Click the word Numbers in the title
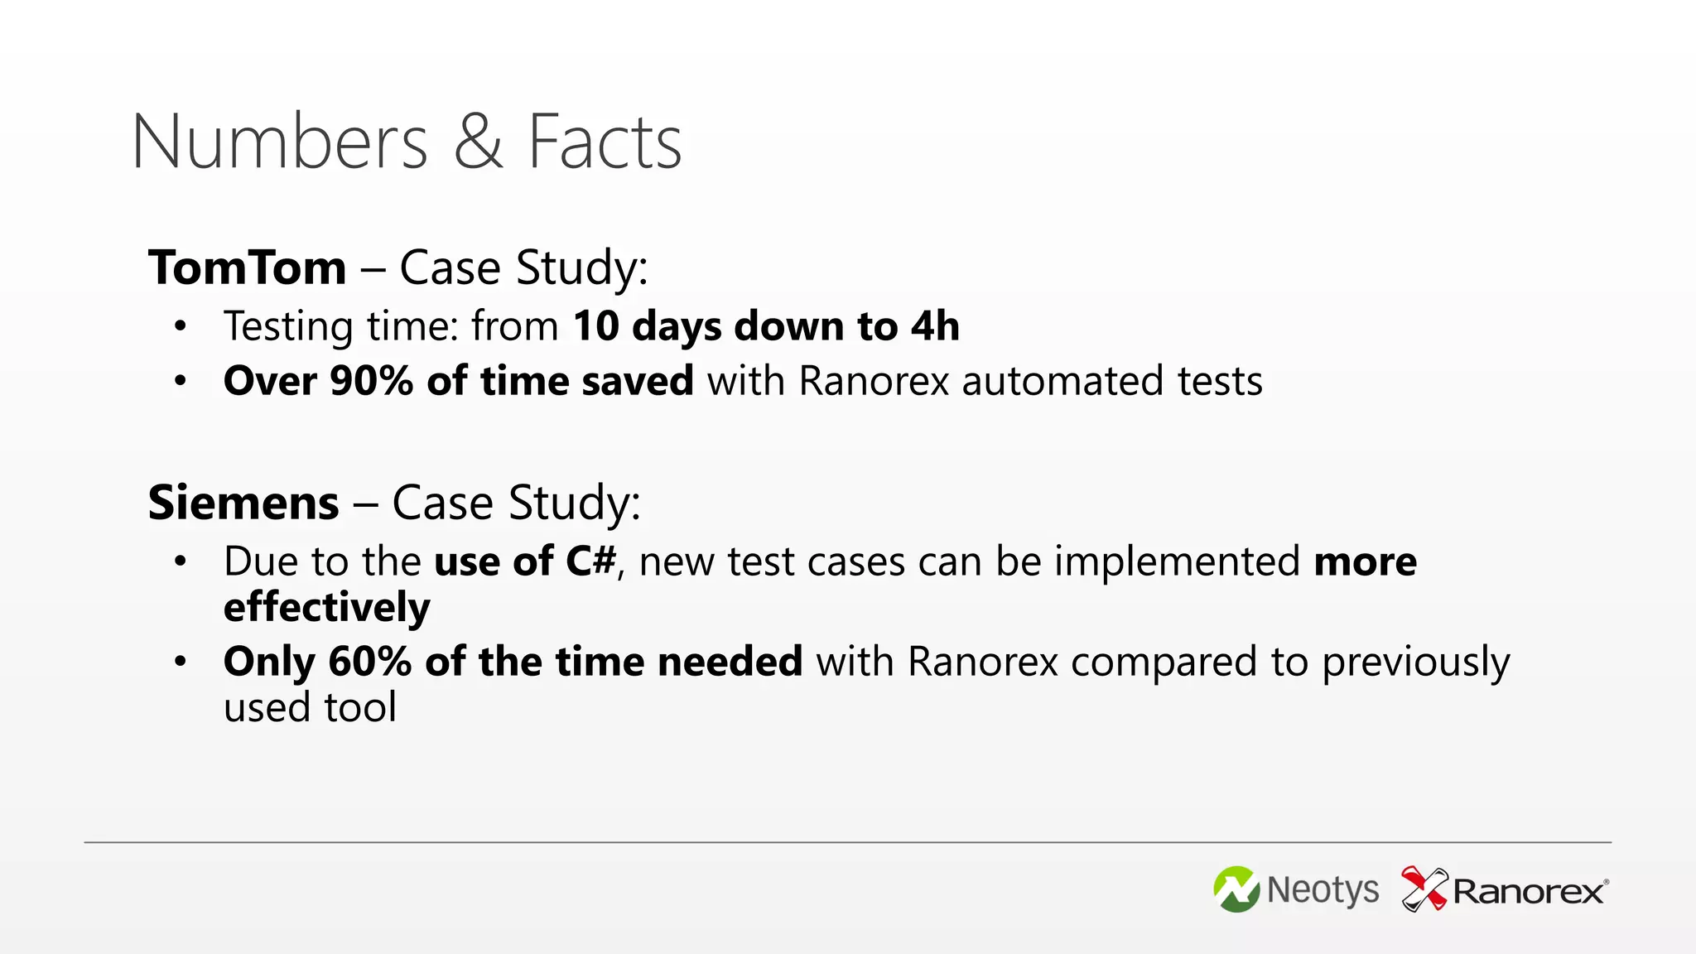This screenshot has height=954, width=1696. [x=280, y=142]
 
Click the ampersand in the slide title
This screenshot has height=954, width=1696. [x=478, y=142]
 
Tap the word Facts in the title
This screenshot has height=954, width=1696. [x=605, y=142]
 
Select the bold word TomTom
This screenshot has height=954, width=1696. [x=247, y=267]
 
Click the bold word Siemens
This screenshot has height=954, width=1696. [x=243, y=503]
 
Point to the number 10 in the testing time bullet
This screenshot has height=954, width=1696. [x=595, y=325]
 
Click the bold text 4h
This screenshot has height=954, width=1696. [x=935, y=325]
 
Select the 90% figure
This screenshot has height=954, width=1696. [x=371, y=381]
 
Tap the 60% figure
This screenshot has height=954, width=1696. [x=369, y=662]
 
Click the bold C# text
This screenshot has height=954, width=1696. [x=590, y=561]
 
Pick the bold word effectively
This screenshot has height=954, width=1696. [x=326, y=607]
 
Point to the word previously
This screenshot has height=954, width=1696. [x=1415, y=662]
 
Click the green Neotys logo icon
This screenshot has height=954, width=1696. [x=1236, y=889]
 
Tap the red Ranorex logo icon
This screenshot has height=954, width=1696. [x=1424, y=889]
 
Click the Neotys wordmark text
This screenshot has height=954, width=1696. [x=1323, y=890]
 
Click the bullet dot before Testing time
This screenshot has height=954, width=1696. [x=181, y=326]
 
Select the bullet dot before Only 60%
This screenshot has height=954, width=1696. [x=181, y=662]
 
